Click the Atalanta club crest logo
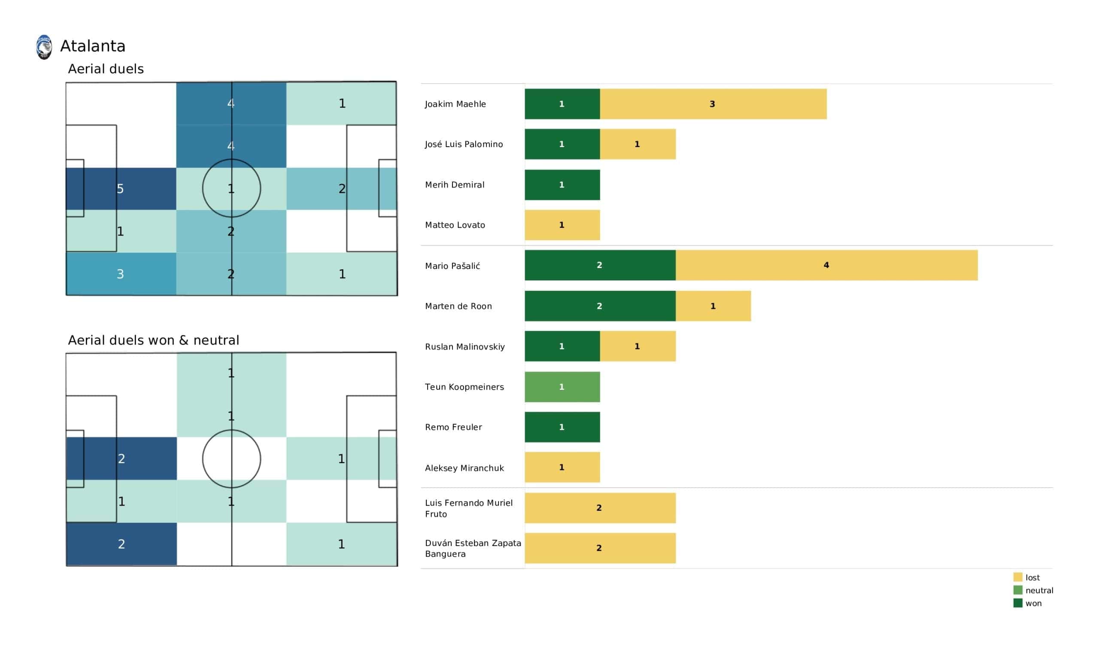[44, 47]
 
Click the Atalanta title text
[93, 46]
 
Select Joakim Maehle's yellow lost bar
[713, 104]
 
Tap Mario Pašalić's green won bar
[600, 265]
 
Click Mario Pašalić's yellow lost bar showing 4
[826, 265]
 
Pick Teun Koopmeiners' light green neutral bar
[562, 387]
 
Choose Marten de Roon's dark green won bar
[600, 306]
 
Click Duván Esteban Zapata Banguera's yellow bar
[600, 548]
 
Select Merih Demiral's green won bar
[562, 185]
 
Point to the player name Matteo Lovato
[455, 225]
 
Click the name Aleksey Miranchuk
[464, 468]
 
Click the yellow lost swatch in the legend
[1018, 577]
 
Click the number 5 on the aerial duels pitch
[120, 189]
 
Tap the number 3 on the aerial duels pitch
[120, 274]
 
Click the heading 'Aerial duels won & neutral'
[154, 341]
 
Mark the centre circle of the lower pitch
[231, 459]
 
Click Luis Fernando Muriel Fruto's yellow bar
[600, 508]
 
